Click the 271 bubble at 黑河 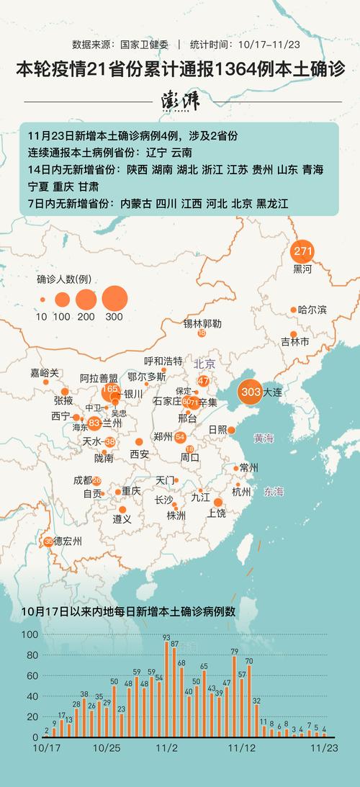coord(302,252)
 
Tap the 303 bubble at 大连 coord(251,392)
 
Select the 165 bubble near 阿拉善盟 coord(110,390)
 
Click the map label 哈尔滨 coord(312,310)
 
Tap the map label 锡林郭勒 coord(202,323)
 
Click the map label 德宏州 coord(68,541)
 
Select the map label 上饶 coord(216,513)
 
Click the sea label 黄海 coord(264,438)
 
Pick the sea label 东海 coord(274,492)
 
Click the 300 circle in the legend coord(114,297)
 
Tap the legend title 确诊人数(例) coord(63,279)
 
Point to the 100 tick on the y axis coord(30,635)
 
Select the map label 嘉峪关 coord(45,373)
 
